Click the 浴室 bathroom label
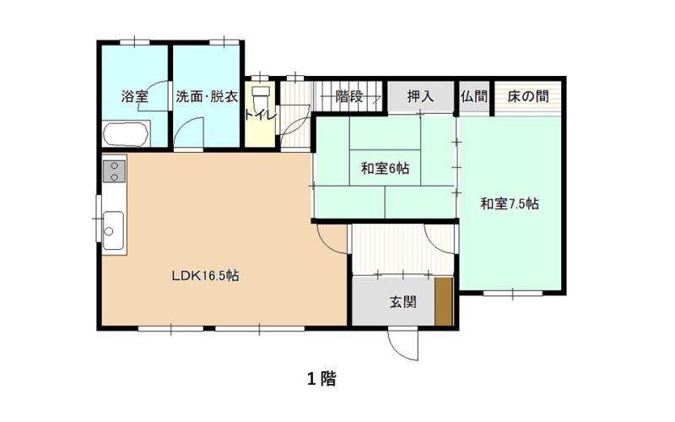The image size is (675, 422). [135, 96]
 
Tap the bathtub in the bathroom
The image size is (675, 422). [127, 133]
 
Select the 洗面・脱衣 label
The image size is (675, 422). [207, 96]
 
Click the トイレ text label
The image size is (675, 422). [260, 115]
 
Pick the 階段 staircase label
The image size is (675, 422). [349, 96]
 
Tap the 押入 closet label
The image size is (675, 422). [420, 96]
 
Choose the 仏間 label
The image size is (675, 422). [474, 96]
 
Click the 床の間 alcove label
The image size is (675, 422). [528, 96]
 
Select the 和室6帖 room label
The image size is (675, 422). [385, 168]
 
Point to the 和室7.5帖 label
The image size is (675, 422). [510, 203]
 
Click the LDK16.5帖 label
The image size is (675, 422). [205, 275]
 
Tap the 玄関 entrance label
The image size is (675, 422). [403, 302]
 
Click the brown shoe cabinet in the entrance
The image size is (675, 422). [444, 301]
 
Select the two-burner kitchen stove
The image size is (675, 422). [115, 171]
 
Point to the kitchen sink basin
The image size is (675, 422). [113, 230]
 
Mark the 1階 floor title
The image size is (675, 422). [321, 379]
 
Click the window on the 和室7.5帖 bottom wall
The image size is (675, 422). [513, 294]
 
